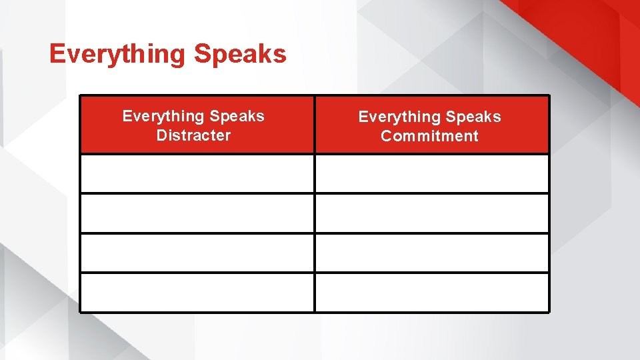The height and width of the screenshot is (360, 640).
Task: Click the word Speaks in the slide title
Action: coord(240,54)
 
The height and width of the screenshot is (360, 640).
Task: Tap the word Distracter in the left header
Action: coord(193,135)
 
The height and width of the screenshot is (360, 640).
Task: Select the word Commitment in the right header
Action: coord(429,136)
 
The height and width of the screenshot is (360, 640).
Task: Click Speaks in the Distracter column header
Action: coord(237,116)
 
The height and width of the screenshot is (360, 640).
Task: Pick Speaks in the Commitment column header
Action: coord(473,117)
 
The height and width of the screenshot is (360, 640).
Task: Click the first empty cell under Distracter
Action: coord(197,174)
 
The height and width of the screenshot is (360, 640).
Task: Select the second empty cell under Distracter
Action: coord(197,213)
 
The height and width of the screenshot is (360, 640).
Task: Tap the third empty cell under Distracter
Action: coord(197,253)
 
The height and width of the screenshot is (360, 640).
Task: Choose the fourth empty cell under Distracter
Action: coord(197,292)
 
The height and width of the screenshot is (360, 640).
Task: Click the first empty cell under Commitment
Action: coord(432,174)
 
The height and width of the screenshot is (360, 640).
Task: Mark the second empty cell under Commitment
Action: coord(432,213)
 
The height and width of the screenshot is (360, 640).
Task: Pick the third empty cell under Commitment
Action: coord(432,253)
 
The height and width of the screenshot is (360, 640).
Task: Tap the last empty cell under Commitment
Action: coord(432,292)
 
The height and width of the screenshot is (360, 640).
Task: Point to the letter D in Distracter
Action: coord(161,135)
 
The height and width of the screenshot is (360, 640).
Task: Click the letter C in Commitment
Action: coord(387,136)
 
